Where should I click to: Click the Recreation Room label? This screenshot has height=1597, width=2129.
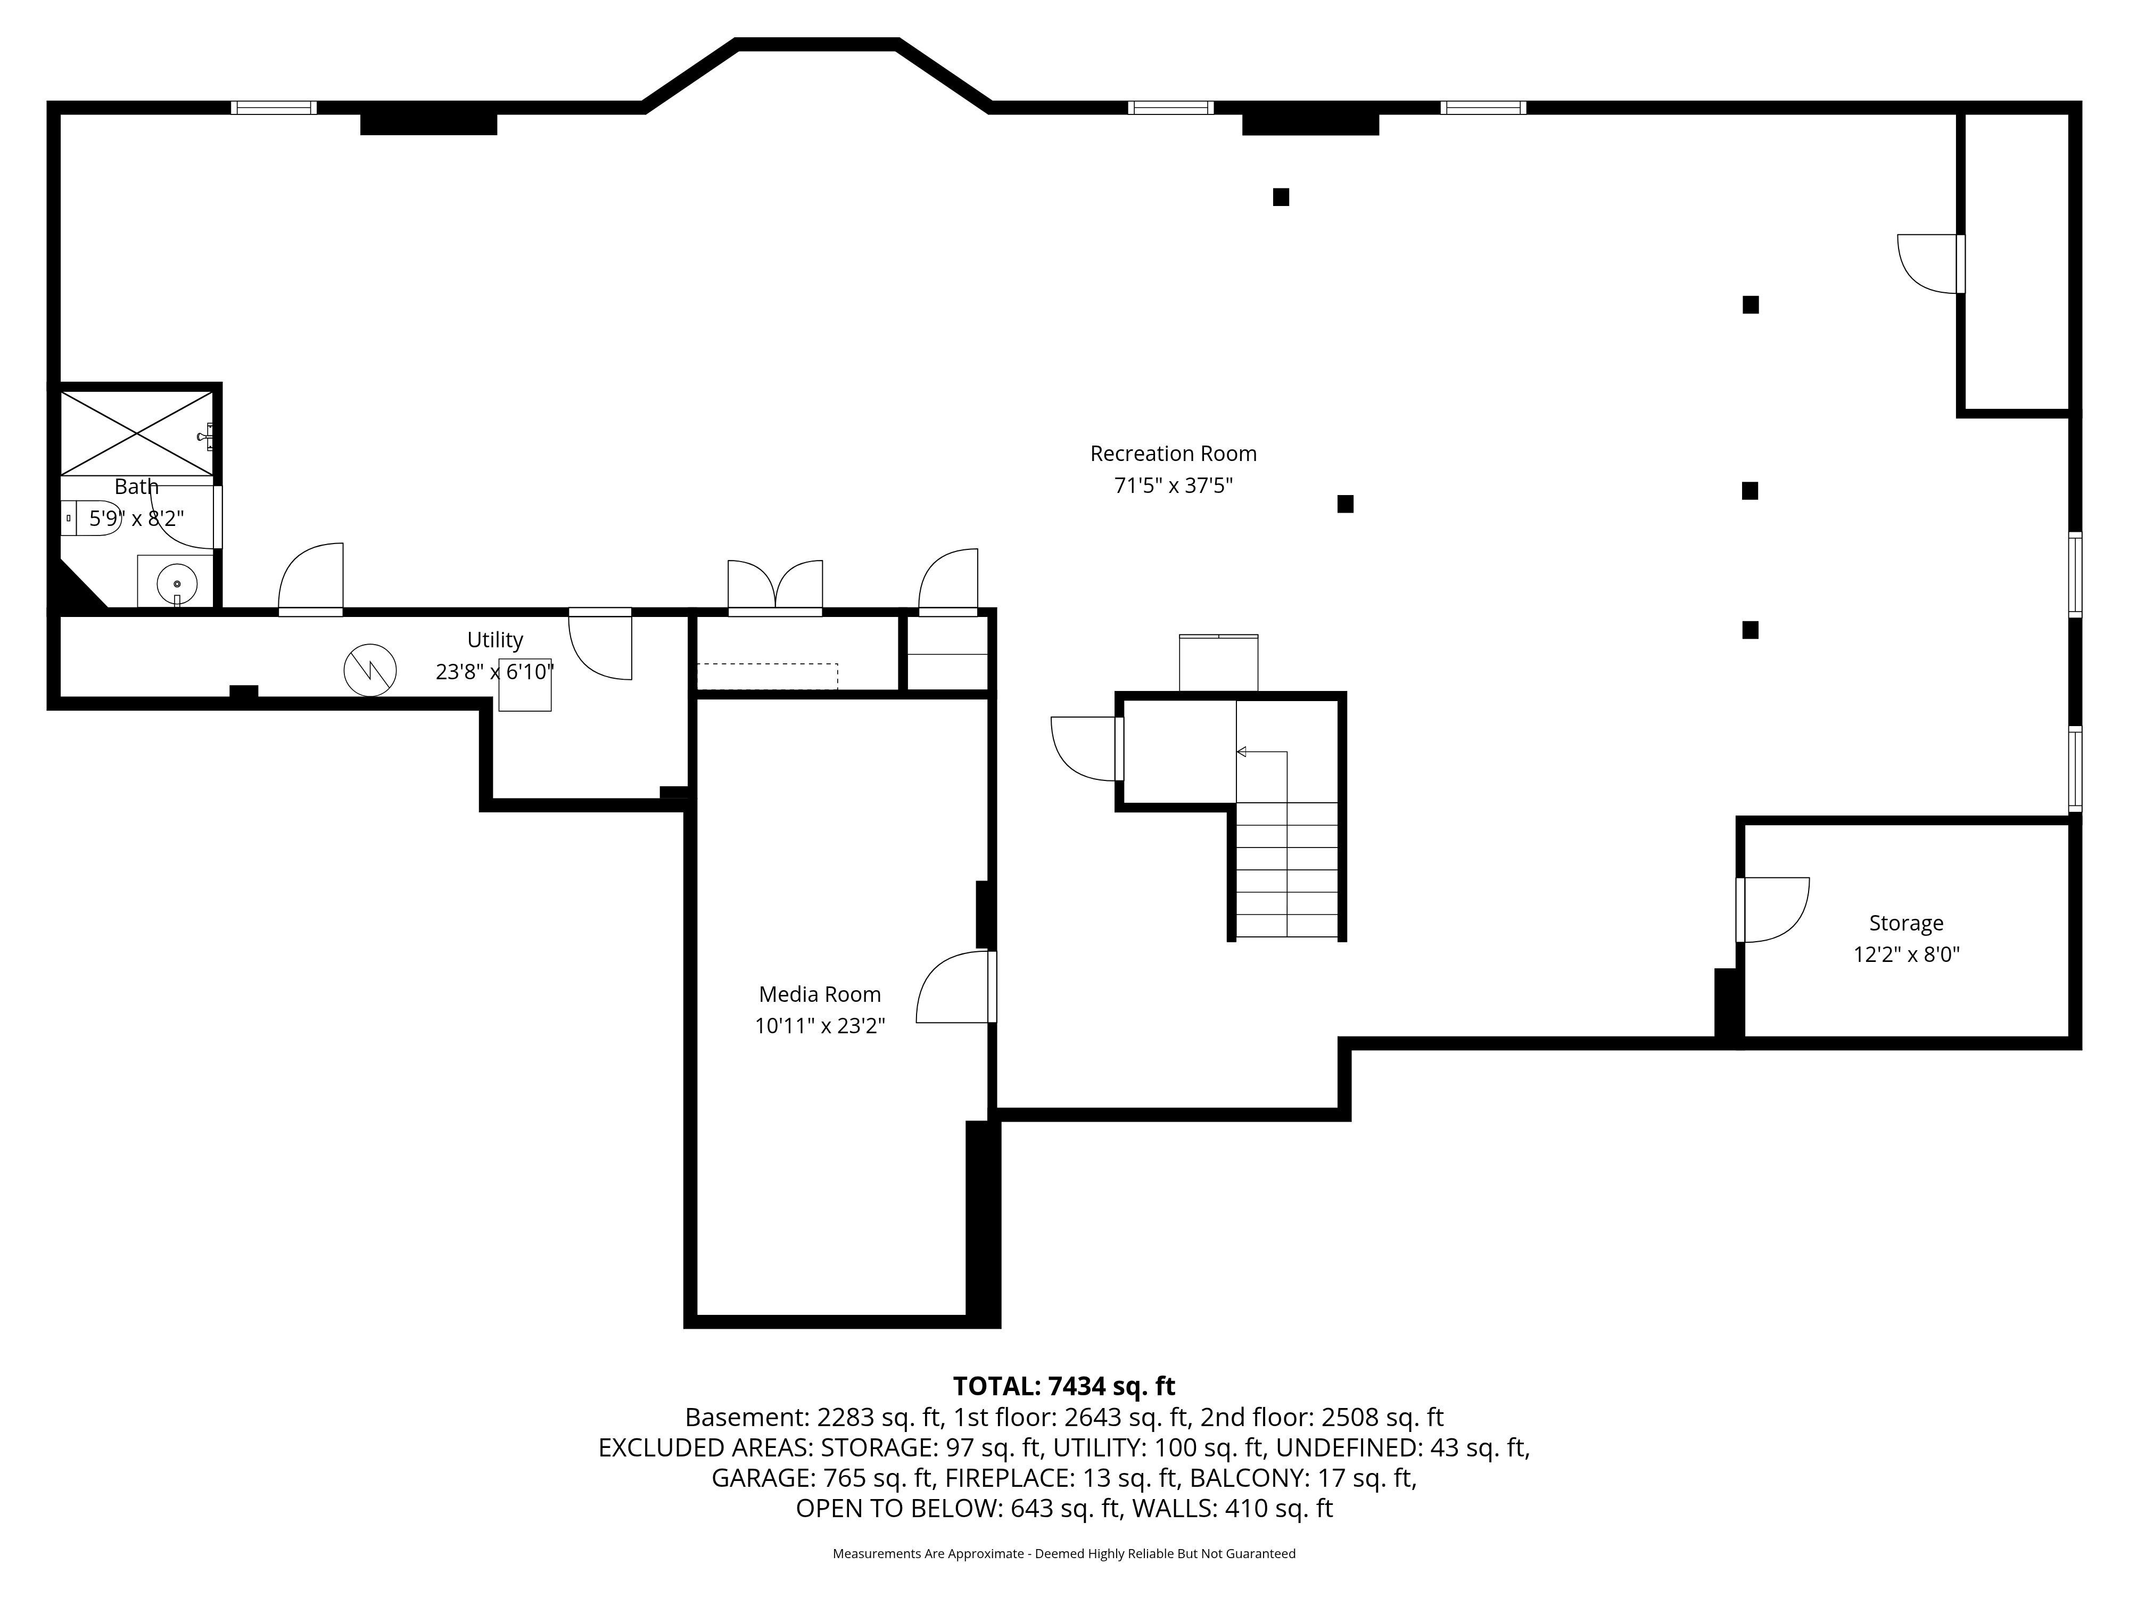point(1173,454)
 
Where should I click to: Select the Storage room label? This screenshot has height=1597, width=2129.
point(1905,923)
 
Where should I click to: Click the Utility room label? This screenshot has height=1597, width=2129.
point(494,640)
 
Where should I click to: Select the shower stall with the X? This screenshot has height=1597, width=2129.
point(137,433)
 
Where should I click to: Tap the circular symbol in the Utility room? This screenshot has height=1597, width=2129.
point(369,670)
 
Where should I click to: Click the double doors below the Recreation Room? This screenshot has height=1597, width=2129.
point(775,585)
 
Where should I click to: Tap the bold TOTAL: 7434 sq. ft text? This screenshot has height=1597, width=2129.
point(1063,1386)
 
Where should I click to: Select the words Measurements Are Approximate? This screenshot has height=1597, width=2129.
point(928,1554)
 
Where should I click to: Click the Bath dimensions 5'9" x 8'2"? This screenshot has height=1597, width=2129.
point(137,519)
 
